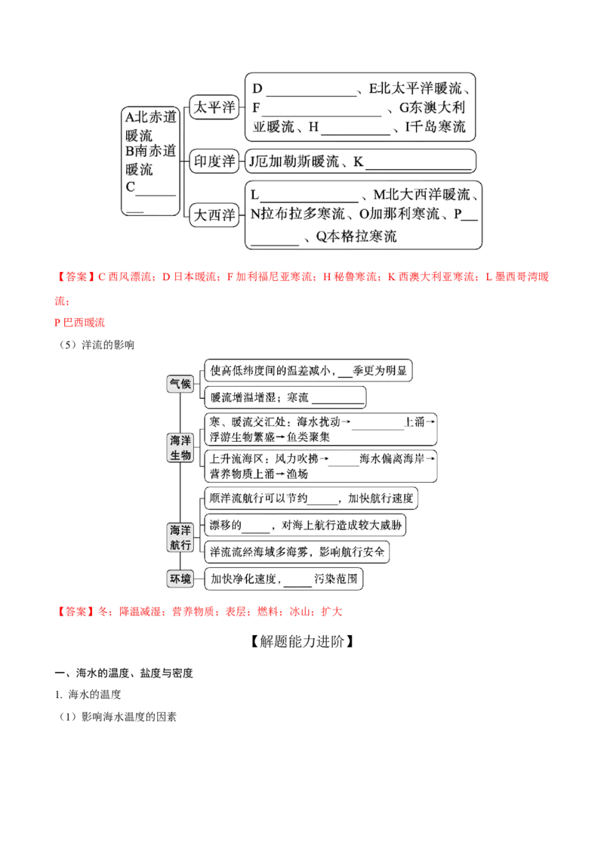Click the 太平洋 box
pos(214,107)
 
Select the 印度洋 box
pos(214,161)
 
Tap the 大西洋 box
pos(214,215)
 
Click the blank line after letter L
pos(309,201)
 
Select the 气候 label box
pos(180,384)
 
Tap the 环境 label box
pos(180,579)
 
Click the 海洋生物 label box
pos(180,448)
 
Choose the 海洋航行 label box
pos(180,537)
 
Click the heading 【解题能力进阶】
pos(302,641)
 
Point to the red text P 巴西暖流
pos(79,323)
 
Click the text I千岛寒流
pos(435,127)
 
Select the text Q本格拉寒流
pos(356,236)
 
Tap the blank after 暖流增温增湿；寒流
pos(337,403)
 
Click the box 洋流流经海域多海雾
pos(297,552)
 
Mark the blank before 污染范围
pos(297,585)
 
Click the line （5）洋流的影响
pos(96,344)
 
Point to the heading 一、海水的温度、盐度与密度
pos(124,673)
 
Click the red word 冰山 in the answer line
pos(300,611)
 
